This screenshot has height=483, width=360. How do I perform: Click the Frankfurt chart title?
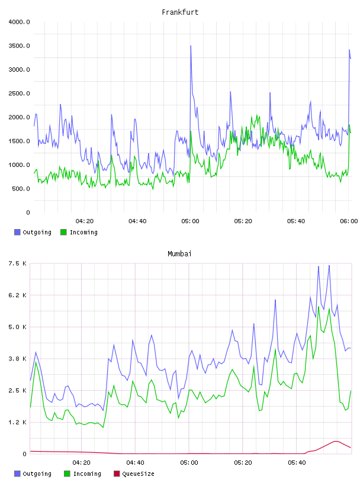tap(180, 12)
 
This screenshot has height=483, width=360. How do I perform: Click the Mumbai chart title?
tap(179, 254)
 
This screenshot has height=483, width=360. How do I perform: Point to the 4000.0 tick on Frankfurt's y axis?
tap(19, 22)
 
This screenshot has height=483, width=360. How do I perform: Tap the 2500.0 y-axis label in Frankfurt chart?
tap(19, 94)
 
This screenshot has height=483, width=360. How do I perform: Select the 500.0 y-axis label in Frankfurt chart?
tap(21, 188)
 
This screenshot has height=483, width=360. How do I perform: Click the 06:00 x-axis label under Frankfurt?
tap(349, 221)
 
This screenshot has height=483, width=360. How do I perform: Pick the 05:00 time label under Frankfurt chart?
tap(190, 221)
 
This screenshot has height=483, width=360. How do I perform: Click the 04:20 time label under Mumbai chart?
tap(81, 463)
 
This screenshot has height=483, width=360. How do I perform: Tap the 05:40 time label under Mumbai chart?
tap(297, 463)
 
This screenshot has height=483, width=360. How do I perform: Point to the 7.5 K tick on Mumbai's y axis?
tap(18, 263)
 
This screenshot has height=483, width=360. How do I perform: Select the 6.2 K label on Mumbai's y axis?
tap(18, 295)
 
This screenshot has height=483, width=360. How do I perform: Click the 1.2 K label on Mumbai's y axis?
tap(18, 422)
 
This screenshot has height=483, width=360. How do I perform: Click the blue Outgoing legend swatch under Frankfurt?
tap(17, 232)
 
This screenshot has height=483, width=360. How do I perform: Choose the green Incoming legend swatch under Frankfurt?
tap(63, 232)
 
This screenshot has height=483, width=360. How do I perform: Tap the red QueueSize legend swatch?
tap(117, 474)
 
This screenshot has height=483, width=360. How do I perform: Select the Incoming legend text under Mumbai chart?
tap(87, 474)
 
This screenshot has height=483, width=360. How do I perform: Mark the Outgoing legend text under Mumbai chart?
tap(37, 474)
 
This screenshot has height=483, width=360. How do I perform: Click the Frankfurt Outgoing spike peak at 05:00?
tap(191, 46)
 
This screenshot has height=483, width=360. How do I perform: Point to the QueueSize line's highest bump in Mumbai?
tap(336, 441)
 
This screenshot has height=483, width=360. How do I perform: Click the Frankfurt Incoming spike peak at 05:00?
tap(191, 131)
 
